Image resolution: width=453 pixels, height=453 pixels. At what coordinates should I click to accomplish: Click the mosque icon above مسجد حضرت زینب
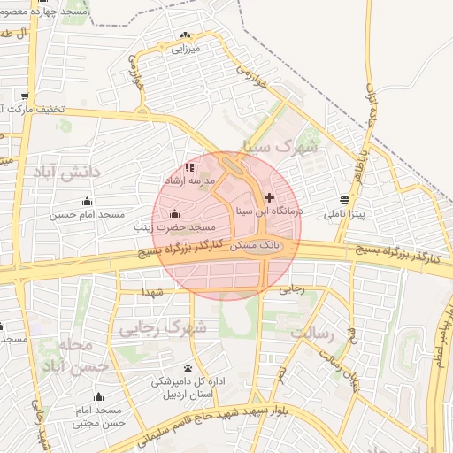[x=173, y=213]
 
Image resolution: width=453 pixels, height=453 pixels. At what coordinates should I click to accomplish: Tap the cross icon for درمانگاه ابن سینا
[x=270, y=197]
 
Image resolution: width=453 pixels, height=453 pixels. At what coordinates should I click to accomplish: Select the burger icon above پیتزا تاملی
[x=344, y=200]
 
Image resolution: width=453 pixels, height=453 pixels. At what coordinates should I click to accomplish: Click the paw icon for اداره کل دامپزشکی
[x=188, y=368]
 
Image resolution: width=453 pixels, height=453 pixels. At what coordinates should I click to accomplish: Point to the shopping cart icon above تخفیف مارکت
[x=25, y=96]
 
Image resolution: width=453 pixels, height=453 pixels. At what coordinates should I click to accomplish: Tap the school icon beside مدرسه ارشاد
[x=188, y=167]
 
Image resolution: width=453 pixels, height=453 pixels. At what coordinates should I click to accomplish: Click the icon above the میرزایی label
[x=185, y=36]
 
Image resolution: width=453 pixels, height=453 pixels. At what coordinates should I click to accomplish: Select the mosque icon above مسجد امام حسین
[x=98, y=200]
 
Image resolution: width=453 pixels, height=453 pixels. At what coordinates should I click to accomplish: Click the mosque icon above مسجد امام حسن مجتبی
[x=98, y=396]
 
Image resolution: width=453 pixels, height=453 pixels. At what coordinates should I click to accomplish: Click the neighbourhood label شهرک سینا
[x=307, y=146]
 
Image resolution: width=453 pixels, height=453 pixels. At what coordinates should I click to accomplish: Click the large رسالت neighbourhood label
[x=311, y=334]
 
